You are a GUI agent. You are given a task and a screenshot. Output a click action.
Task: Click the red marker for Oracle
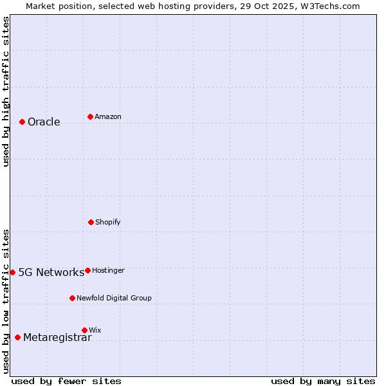[x=22, y=122]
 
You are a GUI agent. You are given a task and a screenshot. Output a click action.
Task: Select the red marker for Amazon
[x=90, y=116]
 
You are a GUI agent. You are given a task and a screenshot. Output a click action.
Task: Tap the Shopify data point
[x=91, y=222]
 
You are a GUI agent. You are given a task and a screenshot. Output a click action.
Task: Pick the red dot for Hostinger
[x=87, y=270]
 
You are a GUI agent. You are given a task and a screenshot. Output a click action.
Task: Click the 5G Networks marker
[x=12, y=272]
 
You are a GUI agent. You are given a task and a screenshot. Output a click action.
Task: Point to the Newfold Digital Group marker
[x=72, y=298]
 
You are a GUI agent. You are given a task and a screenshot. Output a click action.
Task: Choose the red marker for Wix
[x=84, y=330]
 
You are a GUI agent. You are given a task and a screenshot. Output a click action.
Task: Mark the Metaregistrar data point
[x=17, y=337]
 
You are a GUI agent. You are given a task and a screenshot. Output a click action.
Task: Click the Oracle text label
[x=44, y=122]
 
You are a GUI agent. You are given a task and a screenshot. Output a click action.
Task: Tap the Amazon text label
[x=108, y=116]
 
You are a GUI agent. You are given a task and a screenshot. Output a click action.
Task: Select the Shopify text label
[x=108, y=222]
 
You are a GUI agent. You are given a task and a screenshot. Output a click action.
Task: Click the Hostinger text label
[x=108, y=270]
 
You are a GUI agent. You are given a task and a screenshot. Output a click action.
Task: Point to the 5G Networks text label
[x=51, y=272]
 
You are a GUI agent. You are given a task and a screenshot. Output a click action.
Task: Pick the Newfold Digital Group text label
[x=114, y=298]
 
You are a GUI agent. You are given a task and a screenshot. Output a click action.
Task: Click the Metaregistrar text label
[x=57, y=338]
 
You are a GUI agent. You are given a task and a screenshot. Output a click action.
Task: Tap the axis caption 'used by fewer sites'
[x=66, y=381]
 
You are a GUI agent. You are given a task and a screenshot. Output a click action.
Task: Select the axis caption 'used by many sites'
[x=323, y=381]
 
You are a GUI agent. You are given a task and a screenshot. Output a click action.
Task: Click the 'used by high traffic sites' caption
[x=6, y=91]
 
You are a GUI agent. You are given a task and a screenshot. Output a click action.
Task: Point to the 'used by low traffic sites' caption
[x=6, y=301]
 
